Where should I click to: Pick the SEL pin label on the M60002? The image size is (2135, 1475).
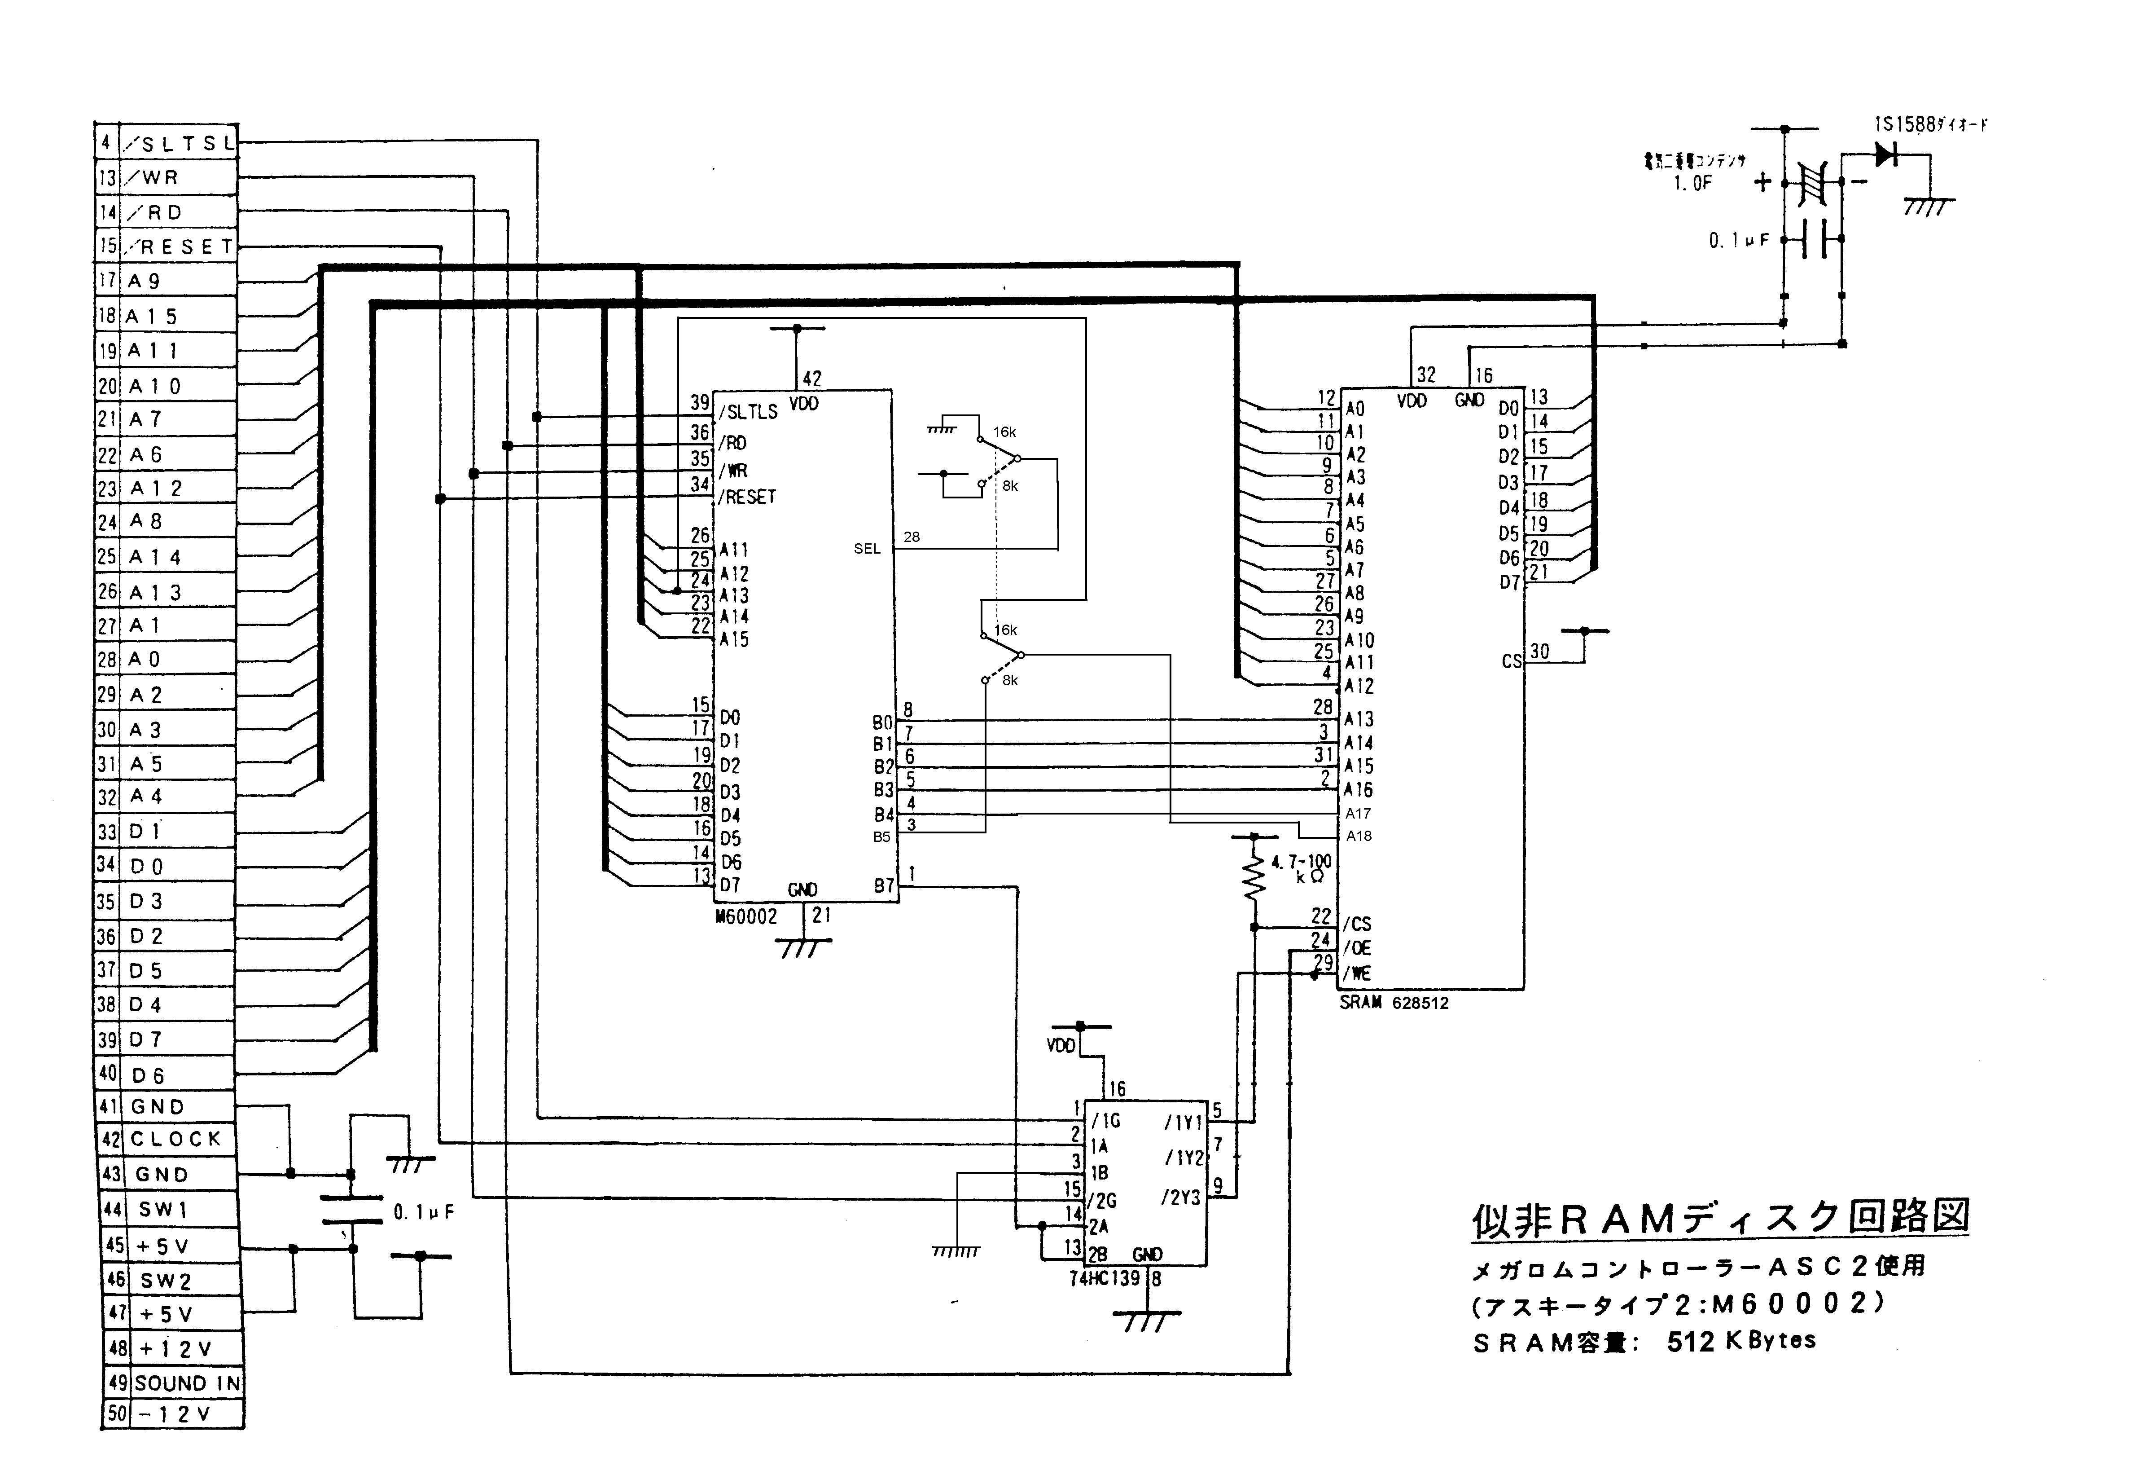[867, 549]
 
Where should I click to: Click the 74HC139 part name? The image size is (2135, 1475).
[1104, 1279]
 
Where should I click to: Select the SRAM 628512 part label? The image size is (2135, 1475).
[1393, 1003]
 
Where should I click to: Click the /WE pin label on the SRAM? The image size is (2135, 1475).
[1358, 973]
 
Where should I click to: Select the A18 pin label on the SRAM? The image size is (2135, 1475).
[1358, 837]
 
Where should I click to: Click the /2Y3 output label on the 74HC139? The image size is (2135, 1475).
[1182, 1198]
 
